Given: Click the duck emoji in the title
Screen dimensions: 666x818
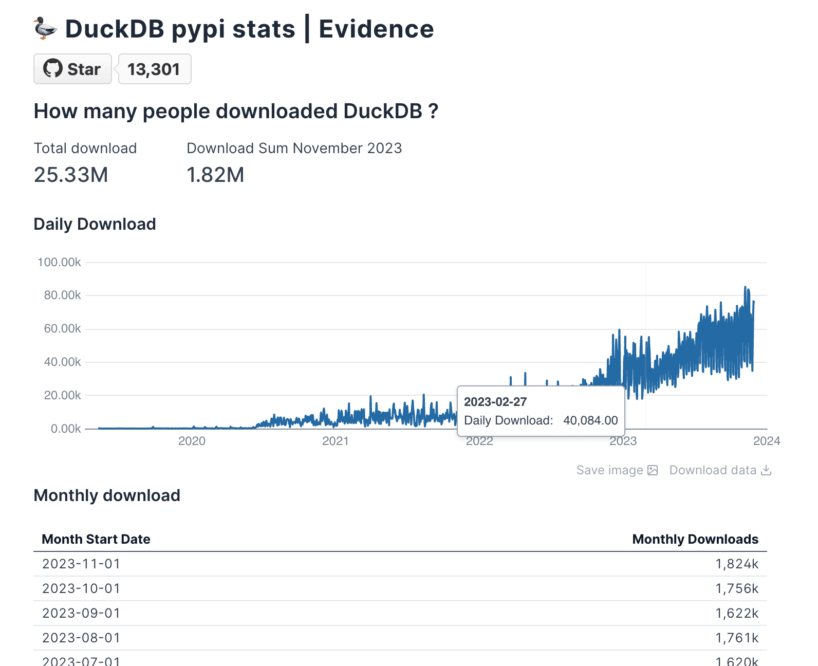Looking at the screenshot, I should pyautogui.click(x=45, y=28).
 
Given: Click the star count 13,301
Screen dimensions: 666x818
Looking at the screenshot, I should pyautogui.click(x=154, y=69).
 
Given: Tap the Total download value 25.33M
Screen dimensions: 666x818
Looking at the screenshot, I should pyautogui.click(x=71, y=175).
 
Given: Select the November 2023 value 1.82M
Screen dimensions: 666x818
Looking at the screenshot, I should pyautogui.click(x=215, y=175).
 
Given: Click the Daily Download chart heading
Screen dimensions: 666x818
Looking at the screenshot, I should pyautogui.click(x=95, y=224).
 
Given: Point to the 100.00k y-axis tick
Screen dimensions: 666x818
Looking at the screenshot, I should pyautogui.click(x=59, y=262).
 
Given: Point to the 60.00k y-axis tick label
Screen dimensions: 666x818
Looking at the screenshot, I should pyautogui.click(x=62, y=328).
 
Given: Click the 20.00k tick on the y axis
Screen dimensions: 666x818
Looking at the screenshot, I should pyautogui.click(x=62, y=395).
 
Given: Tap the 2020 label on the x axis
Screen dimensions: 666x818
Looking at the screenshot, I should pyautogui.click(x=192, y=441).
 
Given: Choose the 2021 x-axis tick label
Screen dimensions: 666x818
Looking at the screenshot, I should pyautogui.click(x=335, y=441).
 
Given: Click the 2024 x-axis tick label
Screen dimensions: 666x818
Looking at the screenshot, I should pyautogui.click(x=766, y=441).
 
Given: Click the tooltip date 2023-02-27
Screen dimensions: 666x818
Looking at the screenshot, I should pyautogui.click(x=495, y=402).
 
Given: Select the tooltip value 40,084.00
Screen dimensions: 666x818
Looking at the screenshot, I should pyautogui.click(x=590, y=420).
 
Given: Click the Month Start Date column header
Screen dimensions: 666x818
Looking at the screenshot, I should pyautogui.click(x=96, y=539).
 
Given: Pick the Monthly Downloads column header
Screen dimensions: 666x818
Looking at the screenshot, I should pyautogui.click(x=695, y=539).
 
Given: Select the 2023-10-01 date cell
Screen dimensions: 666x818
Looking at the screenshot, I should pyautogui.click(x=81, y=588).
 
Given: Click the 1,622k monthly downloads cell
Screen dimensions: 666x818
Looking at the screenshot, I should pyautogui.click(x=737, y=613).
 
